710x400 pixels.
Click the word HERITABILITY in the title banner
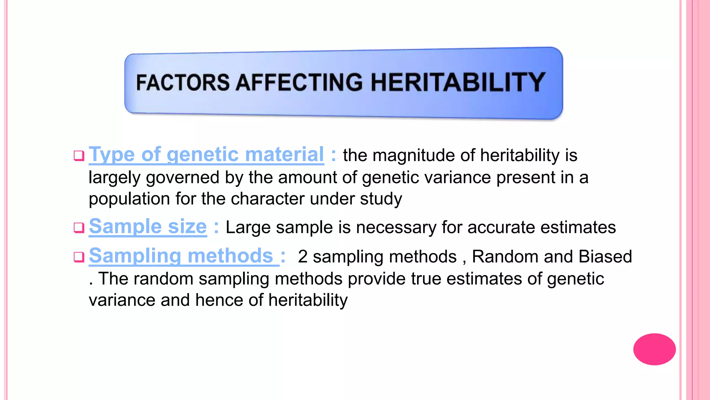pos(458,82)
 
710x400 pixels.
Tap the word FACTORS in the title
pos(183,83)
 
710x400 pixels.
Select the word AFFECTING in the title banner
pos(300,83)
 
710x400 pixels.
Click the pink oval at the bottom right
pos(654,349)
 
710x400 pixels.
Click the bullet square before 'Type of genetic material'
pos(79,156)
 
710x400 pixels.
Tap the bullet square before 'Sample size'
pos(79,228)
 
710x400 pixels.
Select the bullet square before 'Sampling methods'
pos(79,257)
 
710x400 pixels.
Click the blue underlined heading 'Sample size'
pos(148,227)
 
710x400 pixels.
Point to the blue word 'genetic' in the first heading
pos(203,155)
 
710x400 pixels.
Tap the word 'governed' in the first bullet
pos(183,177)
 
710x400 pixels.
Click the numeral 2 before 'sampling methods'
pos(303,257)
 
